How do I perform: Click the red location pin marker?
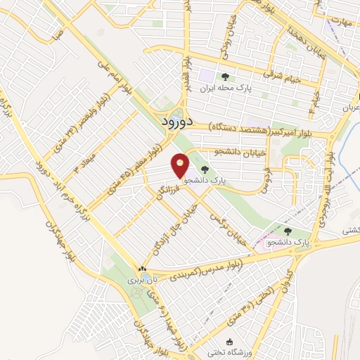(x=181, y=166)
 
